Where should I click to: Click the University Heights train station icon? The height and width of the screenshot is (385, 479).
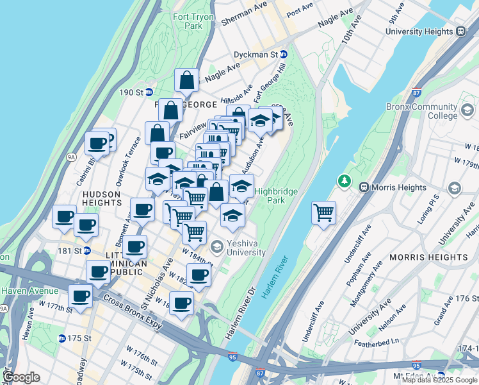point(460,31)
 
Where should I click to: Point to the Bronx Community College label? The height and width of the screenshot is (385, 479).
point(421,111)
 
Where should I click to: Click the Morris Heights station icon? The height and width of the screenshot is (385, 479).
point(364,187)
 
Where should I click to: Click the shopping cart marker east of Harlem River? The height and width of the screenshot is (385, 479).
point(324,212)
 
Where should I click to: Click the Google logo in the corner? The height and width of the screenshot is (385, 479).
point(22,377)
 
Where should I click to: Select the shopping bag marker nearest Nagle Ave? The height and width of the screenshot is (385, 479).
point(186,81)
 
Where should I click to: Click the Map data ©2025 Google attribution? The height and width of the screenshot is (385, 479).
point(439,380)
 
